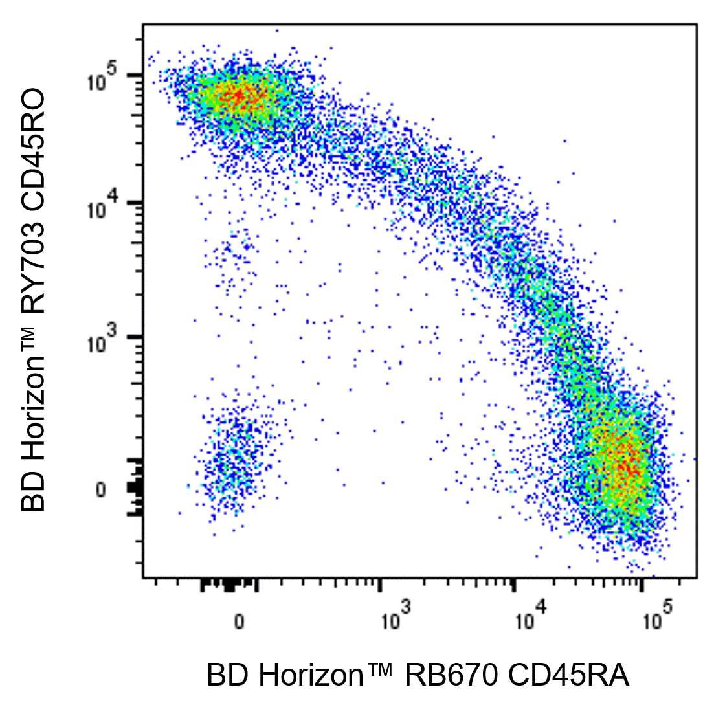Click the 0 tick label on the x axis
[x=240, y=622]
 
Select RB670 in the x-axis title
[x=451, y=676]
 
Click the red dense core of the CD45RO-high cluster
[x=238, y=97]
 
